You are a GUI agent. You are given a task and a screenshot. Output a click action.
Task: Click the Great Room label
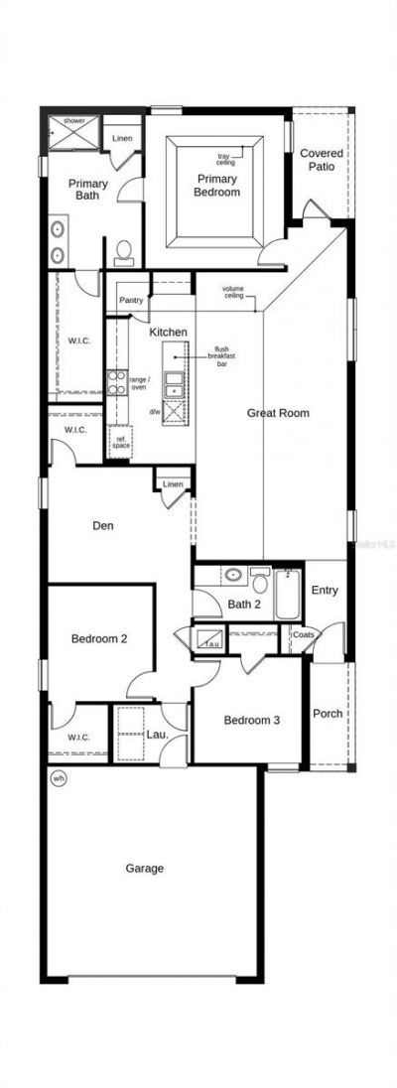click(278, 413)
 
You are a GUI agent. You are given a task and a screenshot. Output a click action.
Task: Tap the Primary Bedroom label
click(217, 186)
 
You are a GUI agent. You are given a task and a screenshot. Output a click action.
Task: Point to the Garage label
click(145, 868)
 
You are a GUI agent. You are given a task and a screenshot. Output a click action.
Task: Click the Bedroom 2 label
click(98, 638)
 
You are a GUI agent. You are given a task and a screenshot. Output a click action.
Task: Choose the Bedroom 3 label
click(250, 721)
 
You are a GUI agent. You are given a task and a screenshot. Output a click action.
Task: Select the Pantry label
click(131, 300)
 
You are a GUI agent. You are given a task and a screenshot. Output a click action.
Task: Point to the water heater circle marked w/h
click(58, 779)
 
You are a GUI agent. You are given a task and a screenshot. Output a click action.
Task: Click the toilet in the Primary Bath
click(124, 253)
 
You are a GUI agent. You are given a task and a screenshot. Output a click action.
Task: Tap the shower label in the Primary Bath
click(75, 120)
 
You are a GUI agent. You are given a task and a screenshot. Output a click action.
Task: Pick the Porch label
click(328, 714)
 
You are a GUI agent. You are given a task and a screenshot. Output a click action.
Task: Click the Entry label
click(325, 591)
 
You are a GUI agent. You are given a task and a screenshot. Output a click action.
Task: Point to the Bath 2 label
click(243, 604)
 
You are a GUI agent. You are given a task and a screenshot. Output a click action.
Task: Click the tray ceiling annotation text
click(226, 159)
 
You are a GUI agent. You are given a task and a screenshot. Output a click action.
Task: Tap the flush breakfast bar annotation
click(223, 356)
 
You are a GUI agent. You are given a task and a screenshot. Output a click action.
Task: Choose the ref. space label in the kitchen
click(121, 442)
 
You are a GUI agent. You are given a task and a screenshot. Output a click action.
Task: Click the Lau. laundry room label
click(156, 735)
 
